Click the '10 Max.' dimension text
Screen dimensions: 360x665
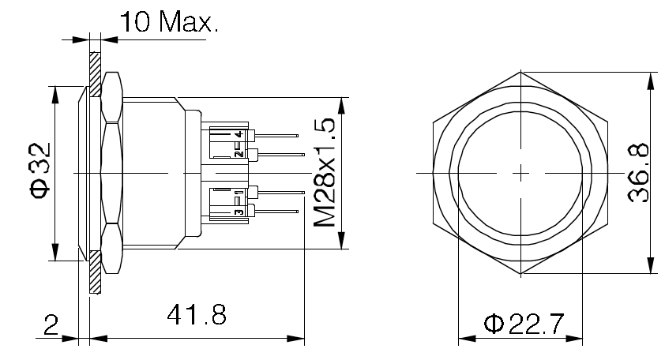167,21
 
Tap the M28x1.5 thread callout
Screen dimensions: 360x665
325,173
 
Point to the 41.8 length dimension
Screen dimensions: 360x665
197,317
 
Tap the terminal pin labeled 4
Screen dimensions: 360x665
276,136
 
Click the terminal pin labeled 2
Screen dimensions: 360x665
276,154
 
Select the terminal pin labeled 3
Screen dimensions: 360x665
276,209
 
